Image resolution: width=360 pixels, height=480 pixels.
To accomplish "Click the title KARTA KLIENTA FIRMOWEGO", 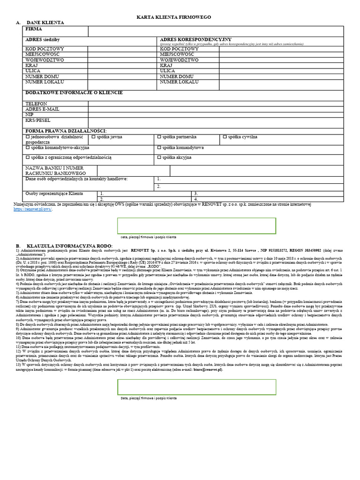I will (173, 17).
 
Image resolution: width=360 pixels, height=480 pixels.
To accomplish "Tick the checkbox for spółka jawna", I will (93, 137).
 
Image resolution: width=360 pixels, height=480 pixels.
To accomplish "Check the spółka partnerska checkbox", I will (159, 137).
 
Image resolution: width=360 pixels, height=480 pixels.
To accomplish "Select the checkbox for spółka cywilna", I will (225, 137).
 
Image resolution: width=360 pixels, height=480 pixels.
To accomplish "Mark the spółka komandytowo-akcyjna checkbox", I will (27, 147).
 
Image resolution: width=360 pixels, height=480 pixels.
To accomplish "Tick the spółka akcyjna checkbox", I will (159, 158).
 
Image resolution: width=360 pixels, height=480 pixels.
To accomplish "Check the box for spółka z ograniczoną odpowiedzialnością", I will (27, 158).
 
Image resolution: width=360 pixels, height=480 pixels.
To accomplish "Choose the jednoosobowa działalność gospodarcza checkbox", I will (27, 137).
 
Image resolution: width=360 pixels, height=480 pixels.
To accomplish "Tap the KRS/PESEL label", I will (37, 120).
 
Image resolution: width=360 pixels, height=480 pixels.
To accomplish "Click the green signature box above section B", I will (196, 225).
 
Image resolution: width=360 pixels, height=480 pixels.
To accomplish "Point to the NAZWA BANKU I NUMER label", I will (54, 168).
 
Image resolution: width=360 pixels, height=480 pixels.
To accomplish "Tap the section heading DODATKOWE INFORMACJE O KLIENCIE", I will (74, 92).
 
